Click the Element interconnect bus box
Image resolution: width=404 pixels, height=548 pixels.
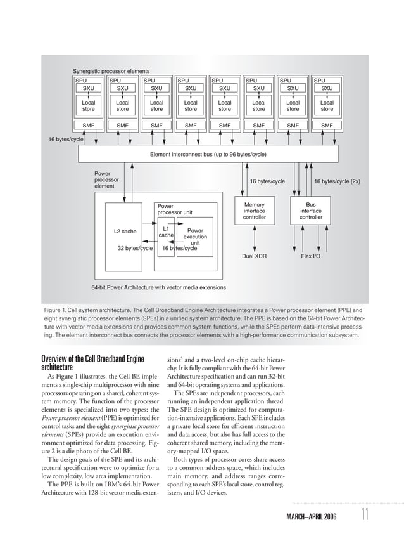point(208,154)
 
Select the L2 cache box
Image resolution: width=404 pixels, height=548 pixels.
point(125,231)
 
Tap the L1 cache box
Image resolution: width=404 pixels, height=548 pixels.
point(166,232)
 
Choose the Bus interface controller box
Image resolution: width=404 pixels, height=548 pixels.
point(310,211)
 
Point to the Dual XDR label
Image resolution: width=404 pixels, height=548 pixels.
point(254,257)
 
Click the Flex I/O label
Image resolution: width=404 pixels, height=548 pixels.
point(310,257)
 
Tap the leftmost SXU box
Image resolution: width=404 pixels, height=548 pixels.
point(89,89)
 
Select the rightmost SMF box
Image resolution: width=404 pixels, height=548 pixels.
point(327,126)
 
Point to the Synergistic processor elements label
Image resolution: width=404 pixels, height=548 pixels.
point(111,71)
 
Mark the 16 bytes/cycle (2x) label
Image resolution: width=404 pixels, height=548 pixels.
point(337,181)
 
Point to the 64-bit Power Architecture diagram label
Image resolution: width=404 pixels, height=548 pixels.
point(158,287)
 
